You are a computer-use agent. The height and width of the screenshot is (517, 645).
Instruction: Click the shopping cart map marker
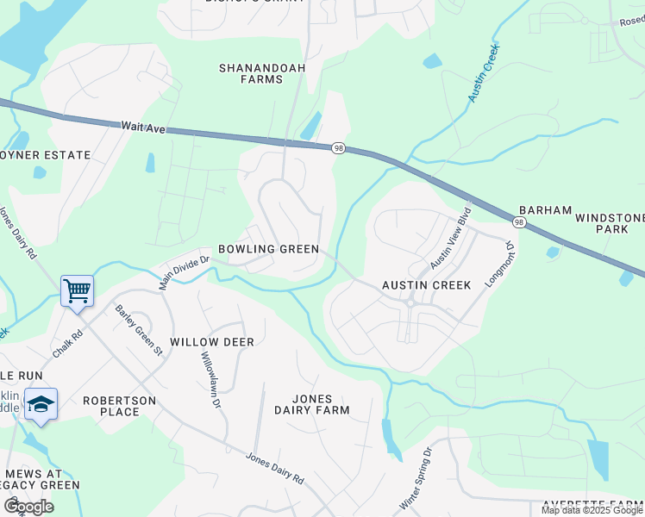(x=78, y=290)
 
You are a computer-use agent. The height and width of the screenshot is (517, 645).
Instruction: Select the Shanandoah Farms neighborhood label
(x=251, y=73)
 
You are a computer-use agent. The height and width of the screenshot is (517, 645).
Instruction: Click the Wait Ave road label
(x=142, y=126)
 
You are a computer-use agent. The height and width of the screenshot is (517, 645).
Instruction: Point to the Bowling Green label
(x=268, y=249)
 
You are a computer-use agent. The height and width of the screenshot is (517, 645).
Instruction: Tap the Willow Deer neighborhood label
(x=212, y=342)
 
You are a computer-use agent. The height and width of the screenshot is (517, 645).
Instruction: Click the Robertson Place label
(x=119, y=406)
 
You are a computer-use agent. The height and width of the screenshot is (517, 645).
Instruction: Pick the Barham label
(x=545, y=210)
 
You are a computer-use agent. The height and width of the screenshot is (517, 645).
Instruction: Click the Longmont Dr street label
(x=502, y=265)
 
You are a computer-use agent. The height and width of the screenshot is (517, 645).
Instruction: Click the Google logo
(x=29, y=506)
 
